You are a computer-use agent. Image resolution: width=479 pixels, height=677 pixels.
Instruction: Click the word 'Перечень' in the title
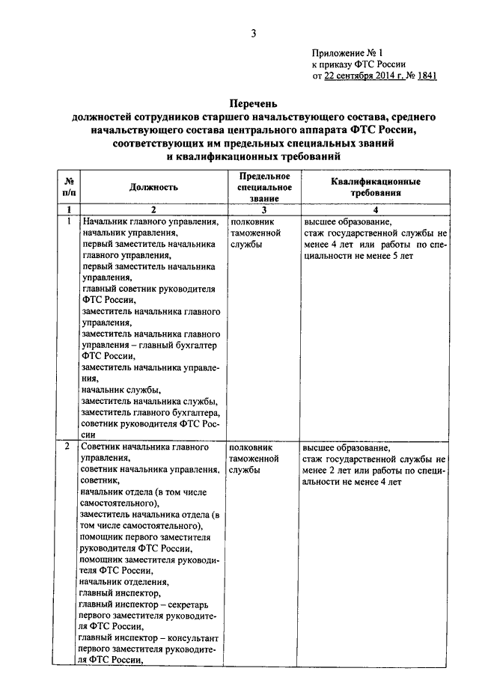(253, 105)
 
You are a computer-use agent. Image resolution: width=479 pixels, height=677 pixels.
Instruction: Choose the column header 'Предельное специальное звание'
(259, 187)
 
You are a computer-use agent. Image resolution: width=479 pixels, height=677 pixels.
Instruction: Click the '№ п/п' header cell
(69, 187)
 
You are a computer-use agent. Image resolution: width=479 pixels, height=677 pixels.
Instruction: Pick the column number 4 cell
(374, 210)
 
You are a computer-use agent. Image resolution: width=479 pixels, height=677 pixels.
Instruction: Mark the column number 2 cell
(153, 210)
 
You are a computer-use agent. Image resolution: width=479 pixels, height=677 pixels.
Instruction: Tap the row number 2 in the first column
(68, 447)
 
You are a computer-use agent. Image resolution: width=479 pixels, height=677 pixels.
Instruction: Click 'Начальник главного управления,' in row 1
(150, 223)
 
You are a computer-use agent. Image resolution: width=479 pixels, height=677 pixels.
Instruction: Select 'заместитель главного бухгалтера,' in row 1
(150, 414)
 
